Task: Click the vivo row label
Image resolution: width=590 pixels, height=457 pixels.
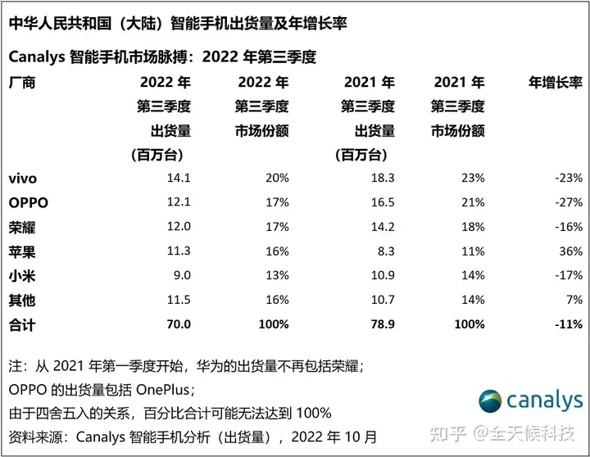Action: point(22,178)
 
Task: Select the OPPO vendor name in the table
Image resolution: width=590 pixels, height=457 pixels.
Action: point(27,202)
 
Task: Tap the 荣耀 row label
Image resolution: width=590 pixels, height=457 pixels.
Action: point(21,227)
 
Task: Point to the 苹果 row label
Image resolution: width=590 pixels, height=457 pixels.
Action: point(21,251)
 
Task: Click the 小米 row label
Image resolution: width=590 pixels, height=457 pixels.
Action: point(21,276)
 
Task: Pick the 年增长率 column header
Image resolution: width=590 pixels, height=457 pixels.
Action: point(555,83)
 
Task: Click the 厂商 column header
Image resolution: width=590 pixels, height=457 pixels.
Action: point(21,83)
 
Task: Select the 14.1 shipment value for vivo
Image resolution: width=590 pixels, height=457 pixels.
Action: point(177,178)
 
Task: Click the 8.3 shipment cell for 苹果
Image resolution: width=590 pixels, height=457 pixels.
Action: point(385,251)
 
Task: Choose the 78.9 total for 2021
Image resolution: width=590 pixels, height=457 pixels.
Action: point(381,324)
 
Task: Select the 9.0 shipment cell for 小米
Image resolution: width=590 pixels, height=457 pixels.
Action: point(180,276)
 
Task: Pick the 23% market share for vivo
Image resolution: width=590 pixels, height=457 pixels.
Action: point(472,178)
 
